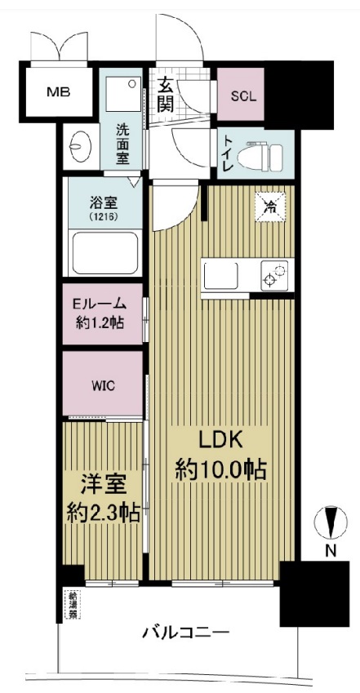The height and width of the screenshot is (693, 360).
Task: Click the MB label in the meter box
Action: (x=57, y=91)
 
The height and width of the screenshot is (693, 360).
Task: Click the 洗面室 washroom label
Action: (x=122, y=144)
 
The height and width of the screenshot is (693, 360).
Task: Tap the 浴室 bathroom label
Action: (x=104, y=202)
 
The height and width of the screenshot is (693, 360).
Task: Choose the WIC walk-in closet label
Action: (x=103, y=384)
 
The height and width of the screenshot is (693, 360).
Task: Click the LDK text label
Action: (x=219, y=441)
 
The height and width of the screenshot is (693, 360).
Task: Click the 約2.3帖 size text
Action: (x=102, y=513)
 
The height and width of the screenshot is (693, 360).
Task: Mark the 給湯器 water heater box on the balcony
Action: (x=73, y=603)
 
